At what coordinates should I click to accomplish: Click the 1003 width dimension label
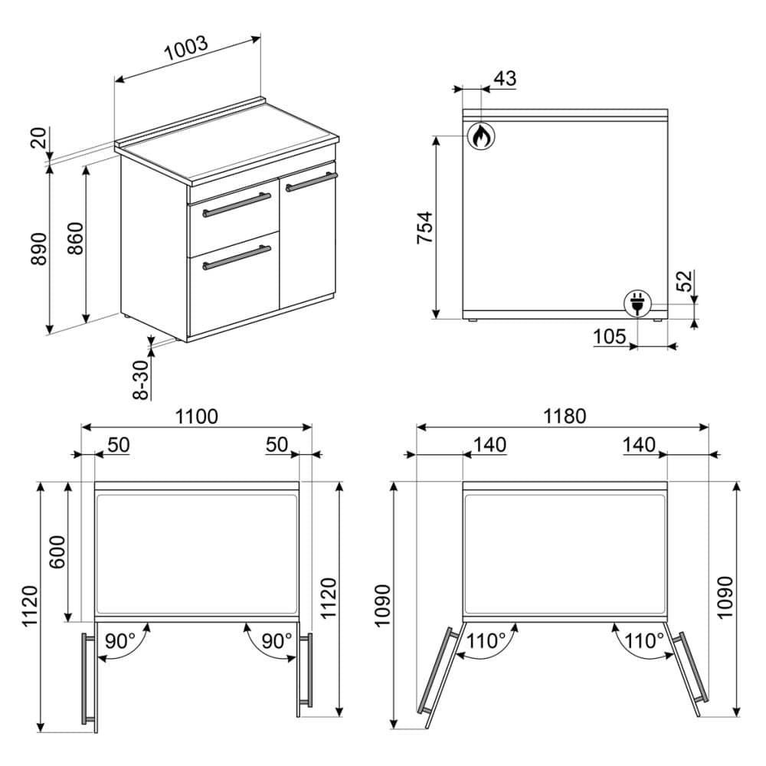186,47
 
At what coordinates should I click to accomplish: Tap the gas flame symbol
481,136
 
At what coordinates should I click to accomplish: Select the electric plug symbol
637,303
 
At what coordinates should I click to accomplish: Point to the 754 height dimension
424,228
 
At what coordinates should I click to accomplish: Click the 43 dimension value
505,78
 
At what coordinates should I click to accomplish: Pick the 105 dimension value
609,336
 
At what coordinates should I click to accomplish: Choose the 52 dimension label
685,280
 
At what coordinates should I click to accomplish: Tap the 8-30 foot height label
141,380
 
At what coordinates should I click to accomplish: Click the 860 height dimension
75,238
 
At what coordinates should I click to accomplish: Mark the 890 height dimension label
39,249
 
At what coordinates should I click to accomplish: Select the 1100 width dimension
196,417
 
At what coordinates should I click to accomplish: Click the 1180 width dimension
565,416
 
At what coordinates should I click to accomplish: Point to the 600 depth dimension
57,552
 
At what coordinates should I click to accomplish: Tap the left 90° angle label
120,641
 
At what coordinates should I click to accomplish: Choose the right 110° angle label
644,640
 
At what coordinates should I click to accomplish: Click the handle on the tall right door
312,181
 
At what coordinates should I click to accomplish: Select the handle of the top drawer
237,205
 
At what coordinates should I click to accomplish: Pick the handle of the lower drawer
237,258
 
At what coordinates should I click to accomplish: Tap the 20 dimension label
38,137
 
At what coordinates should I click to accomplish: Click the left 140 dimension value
490,445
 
